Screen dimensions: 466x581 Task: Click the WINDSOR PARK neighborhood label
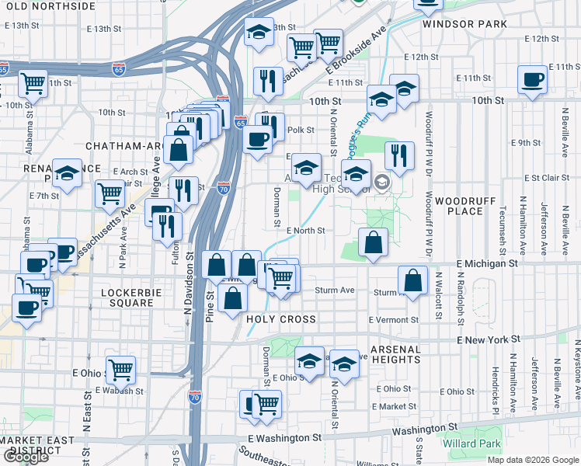click(464, 24)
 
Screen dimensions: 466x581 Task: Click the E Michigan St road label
click(486, 264)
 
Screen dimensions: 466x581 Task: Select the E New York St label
click(488, 340)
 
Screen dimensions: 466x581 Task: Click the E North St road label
click(304, 231)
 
